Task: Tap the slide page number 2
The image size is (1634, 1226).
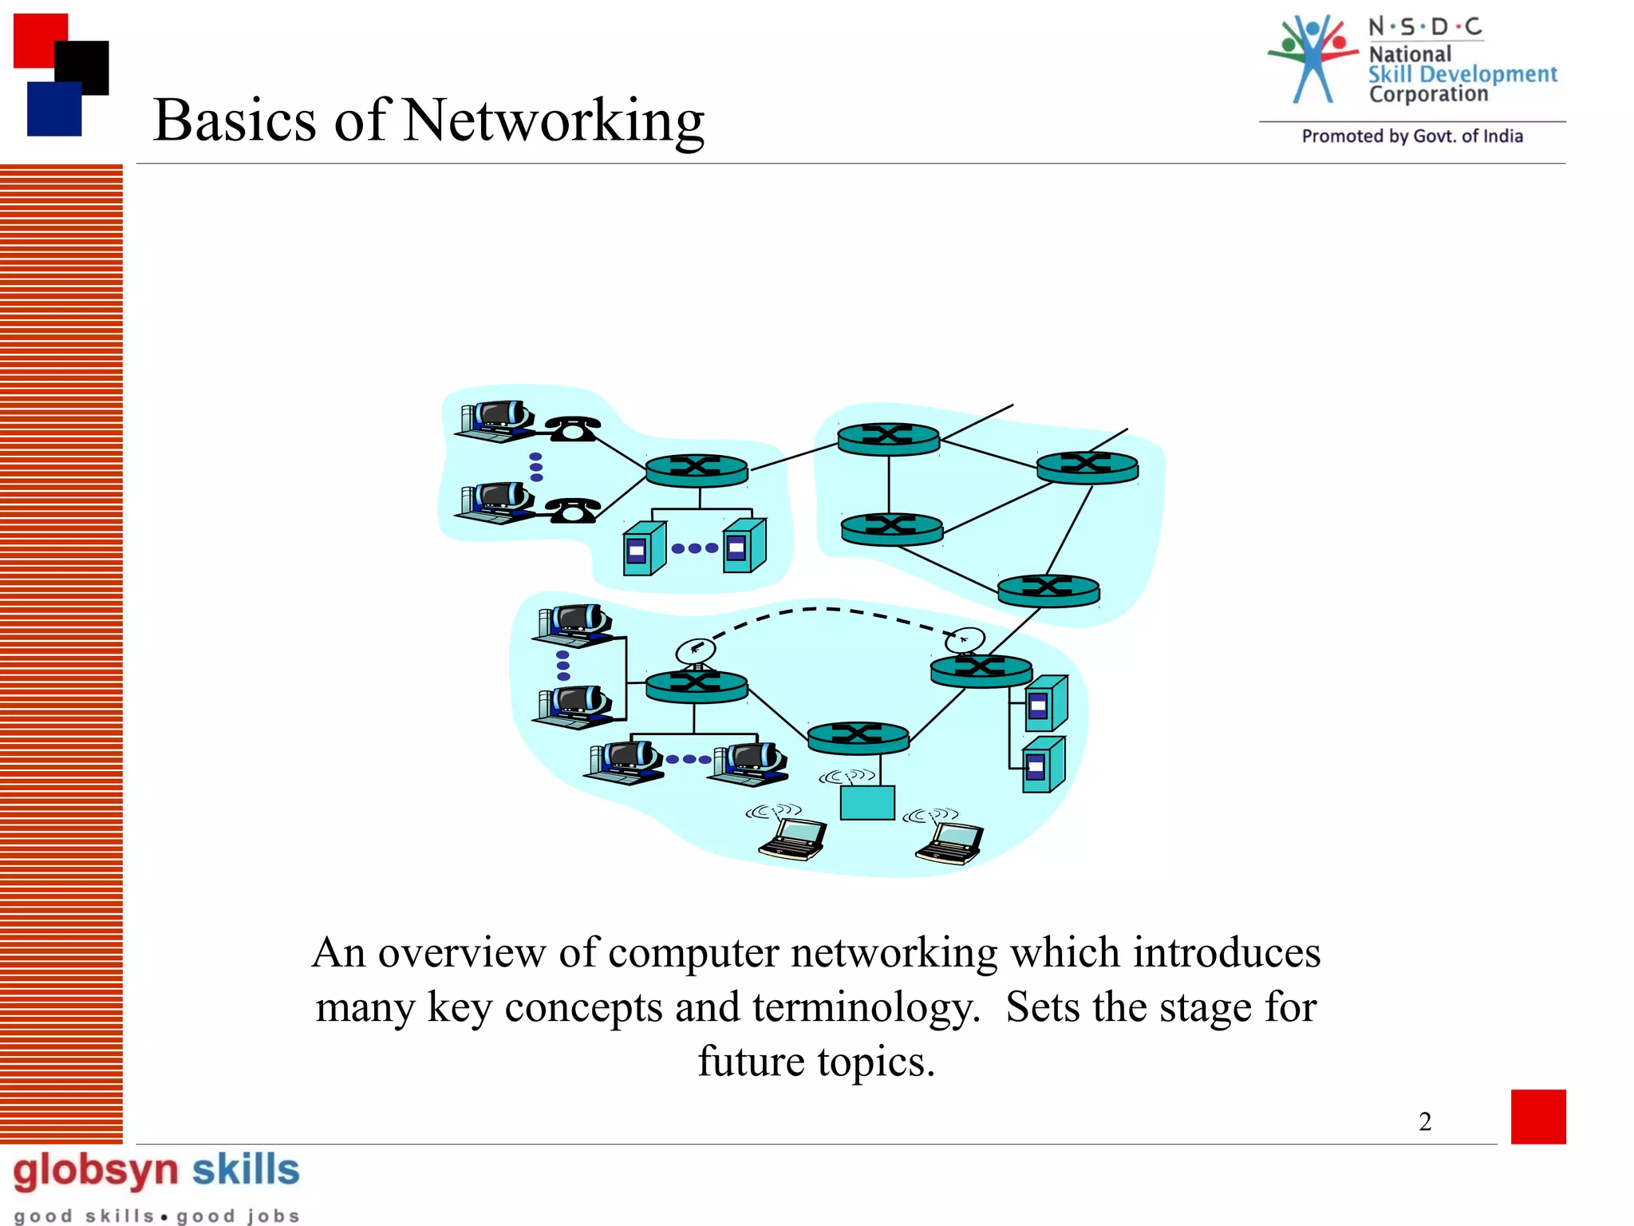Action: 1425,1121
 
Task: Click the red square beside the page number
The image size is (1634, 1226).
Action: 1537,1116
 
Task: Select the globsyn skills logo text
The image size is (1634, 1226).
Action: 156,1170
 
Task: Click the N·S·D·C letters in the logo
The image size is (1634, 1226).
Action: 1425,27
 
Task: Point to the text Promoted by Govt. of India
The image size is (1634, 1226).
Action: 1412,136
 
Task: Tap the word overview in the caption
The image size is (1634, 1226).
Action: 461,953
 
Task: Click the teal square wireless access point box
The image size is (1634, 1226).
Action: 867,802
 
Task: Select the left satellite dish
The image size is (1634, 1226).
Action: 695,651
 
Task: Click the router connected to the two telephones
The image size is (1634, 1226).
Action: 697,470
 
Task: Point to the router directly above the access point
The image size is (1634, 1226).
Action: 858,737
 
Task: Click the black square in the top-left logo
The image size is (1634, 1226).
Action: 82,67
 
